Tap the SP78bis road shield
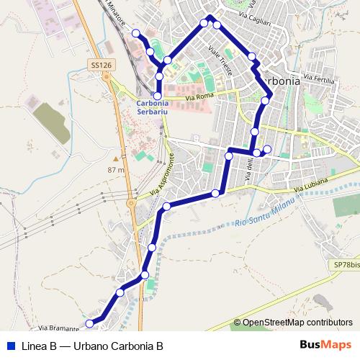347,265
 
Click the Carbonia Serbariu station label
158,107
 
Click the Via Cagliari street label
256,22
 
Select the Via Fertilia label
320,78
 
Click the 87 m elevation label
115,170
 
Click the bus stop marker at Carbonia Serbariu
158,95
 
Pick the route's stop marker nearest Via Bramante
89,323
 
